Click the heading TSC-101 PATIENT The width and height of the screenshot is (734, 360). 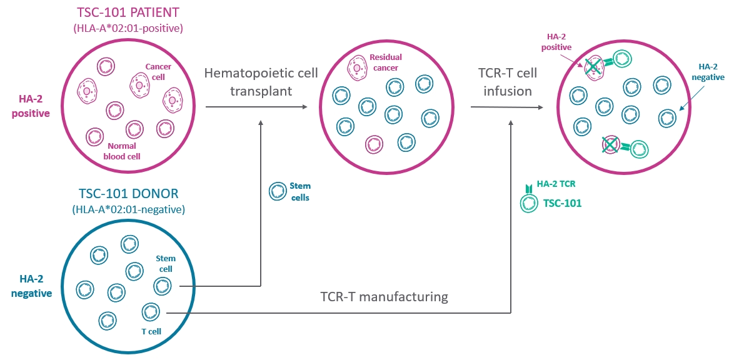pyautogui.click(x=129, y=12)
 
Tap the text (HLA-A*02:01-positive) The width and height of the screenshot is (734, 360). pyautogui.click(x=129, y=27)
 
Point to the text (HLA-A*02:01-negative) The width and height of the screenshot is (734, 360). pyautogui.click(x=129, y=209)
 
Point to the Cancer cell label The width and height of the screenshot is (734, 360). pyautogui.click(x=158, y=71)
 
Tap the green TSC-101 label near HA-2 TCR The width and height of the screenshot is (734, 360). pyautogui.click(x=562, y=203)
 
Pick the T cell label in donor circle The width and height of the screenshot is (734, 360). pyautogui.click(x=151, y=331)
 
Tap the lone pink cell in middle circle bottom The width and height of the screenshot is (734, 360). pyautogui.click(x=374, y=144)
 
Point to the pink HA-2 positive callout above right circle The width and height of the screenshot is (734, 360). pyautogui.click(x=556, y=42)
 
